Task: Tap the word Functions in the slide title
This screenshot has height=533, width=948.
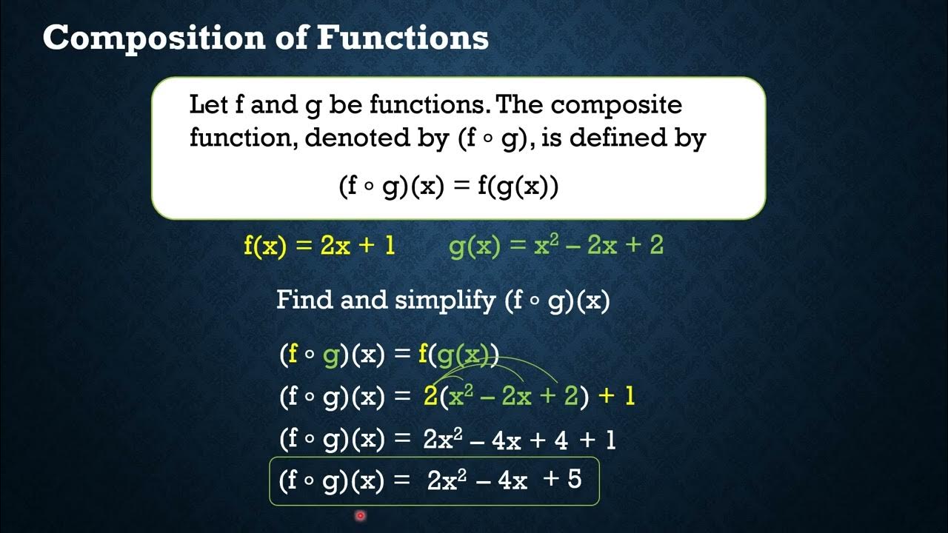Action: [403, 38]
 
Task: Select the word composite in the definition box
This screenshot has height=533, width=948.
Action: [616, 104]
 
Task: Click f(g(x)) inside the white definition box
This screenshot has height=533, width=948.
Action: [518, 187]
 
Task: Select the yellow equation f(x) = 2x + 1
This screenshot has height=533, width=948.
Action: [319, 246]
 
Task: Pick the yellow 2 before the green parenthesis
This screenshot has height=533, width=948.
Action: [430, 397]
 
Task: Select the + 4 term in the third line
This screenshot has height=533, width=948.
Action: [551, 440]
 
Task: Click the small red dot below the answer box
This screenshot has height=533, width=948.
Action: [360, 515]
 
